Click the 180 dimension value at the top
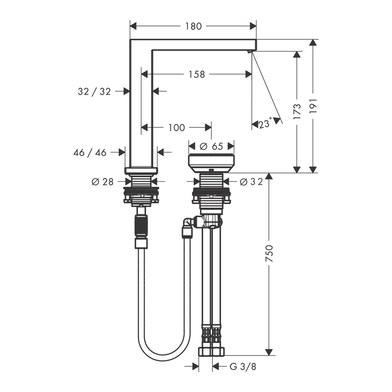point(193,26)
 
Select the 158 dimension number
point(196,74)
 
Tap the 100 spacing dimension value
point(176,127)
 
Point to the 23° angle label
point(265,123)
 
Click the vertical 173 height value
point(297,111)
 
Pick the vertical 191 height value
point(313,105)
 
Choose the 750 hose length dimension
point(269,254)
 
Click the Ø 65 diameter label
point(212,146)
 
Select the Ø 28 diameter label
point(102,182)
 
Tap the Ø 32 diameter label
point(251,182)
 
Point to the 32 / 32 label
point(94,91)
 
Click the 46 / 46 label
point(90,152)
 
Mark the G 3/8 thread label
point(243,367)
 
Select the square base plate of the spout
point(141,171)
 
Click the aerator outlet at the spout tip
point(249,52)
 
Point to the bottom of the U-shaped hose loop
point(163,358)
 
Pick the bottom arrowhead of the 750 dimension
point(269,352)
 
